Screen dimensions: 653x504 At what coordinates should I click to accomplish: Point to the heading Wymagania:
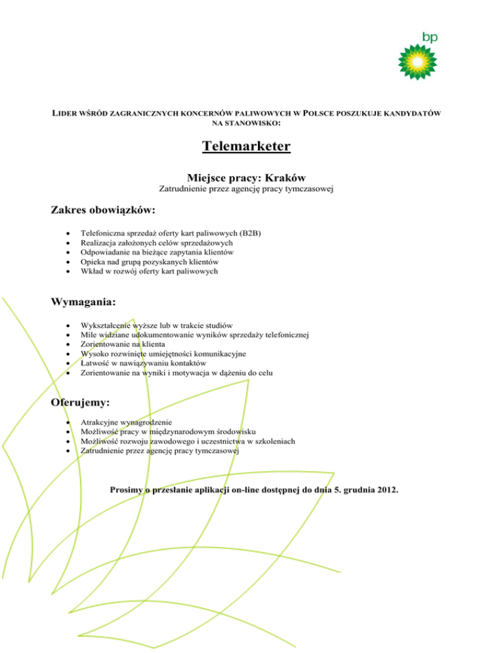tap(83, 302)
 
